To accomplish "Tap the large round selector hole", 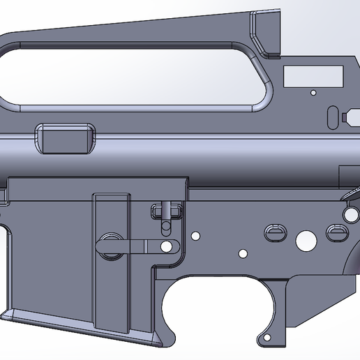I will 306,241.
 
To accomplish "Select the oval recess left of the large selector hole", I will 273,232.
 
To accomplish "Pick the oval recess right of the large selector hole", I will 337,232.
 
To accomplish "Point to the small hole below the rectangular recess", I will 313,92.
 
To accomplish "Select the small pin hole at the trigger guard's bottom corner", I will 265,340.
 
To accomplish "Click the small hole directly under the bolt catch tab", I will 166,229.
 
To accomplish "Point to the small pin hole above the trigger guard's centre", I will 242,253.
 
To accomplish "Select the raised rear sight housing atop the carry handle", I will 267,31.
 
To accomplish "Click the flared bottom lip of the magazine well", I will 84,320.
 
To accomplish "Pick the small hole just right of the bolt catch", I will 195,236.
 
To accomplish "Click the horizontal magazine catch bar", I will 143,246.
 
